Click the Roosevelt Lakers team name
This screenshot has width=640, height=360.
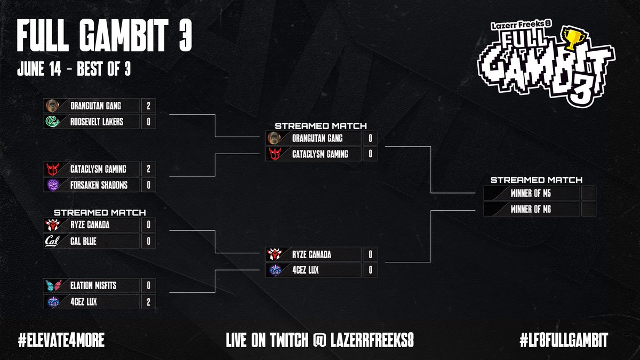(97, 122)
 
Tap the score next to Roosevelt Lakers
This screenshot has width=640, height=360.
(148, 122)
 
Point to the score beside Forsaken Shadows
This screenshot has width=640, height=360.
(148, 185)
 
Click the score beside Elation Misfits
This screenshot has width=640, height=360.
(148, 286)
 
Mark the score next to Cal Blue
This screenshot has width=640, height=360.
(148, 241)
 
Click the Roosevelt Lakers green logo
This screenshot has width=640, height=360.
(53, 122)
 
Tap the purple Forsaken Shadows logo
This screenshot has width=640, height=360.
(53, 185)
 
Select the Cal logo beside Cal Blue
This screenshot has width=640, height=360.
(53, 241)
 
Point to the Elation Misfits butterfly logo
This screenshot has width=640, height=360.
(53, 286)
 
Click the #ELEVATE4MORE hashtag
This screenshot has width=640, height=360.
(60, 340)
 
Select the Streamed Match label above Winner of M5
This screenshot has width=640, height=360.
(536, 180)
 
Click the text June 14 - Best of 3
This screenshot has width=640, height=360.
(74, 71)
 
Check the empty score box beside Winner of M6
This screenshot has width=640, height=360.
(588, 209)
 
